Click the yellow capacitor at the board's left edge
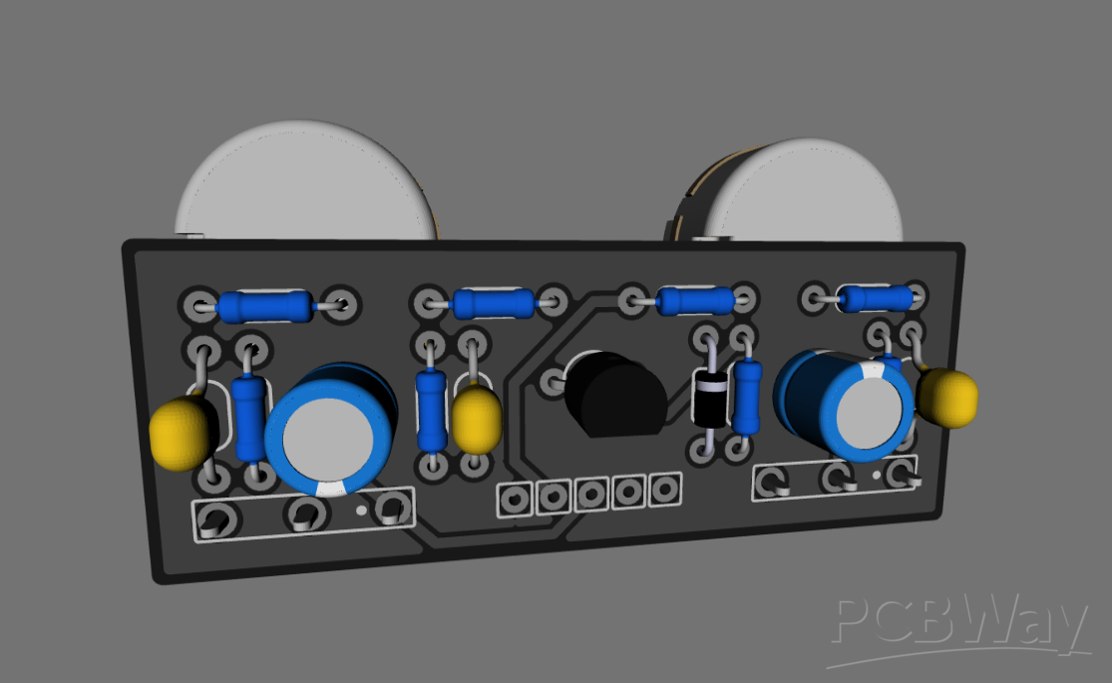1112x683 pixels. click(x=182, y=432)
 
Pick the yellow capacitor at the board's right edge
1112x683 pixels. click(x=946, y=397)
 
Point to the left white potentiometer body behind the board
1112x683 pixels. click(x=304, y=184)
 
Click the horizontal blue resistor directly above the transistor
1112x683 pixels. click(x=695, y=299)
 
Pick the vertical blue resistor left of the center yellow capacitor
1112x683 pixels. click(x=431, y=409)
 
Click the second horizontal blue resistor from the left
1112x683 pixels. click(x=493, y=302)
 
